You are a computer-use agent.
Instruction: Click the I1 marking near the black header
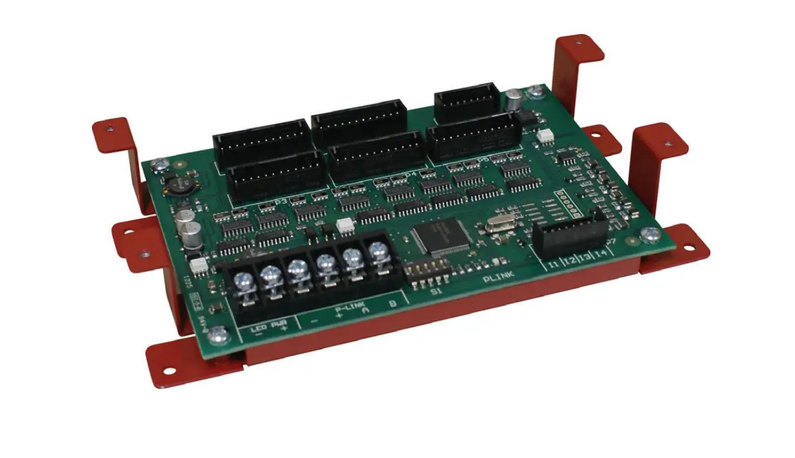coord(554,265)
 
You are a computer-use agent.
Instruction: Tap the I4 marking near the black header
coord(601,253)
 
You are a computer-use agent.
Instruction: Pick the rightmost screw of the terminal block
coord(376,250)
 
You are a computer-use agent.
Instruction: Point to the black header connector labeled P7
coord(570,233)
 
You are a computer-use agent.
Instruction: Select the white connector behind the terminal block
coord(344,225)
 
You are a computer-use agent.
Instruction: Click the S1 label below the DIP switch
coord(436,291)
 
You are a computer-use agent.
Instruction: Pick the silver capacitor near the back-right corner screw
coord(514,98)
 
